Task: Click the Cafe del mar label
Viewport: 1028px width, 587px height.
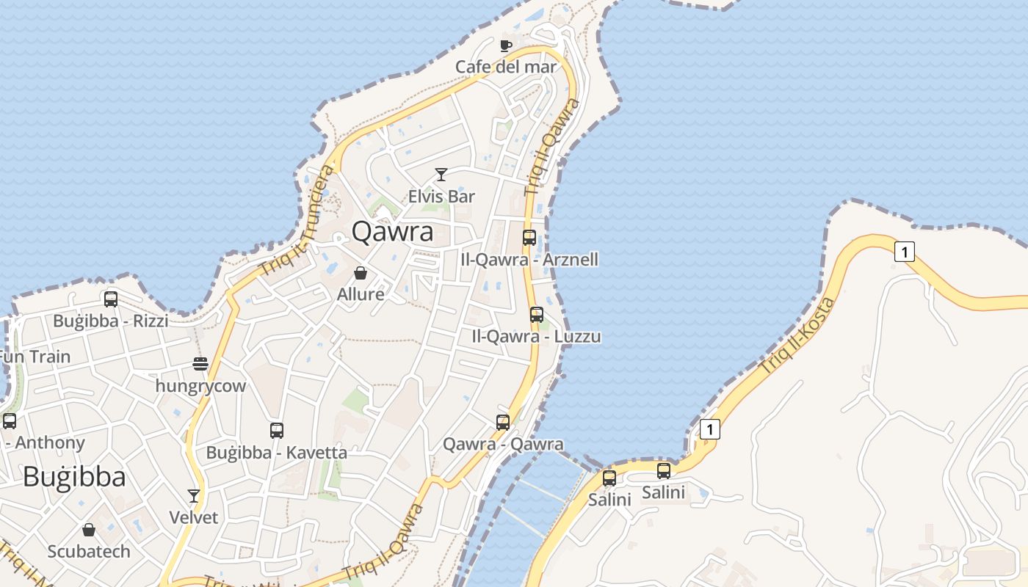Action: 505,67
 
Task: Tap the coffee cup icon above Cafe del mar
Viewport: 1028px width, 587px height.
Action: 505,45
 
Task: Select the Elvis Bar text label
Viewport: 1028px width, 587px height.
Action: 441,197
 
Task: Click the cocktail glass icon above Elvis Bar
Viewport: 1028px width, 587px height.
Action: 441,175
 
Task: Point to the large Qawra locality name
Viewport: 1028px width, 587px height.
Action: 392,232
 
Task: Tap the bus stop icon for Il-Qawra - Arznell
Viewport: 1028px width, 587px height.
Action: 529,238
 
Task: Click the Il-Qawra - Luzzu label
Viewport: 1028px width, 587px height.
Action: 536,337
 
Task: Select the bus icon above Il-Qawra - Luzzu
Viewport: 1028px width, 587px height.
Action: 537,315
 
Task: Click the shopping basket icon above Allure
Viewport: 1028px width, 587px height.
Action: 361,273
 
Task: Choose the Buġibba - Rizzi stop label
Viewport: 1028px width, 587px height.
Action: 110,321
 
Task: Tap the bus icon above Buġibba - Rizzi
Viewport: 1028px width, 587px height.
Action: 111,299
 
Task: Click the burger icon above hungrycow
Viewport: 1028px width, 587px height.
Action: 200,364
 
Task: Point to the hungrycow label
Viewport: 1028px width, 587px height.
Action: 200,386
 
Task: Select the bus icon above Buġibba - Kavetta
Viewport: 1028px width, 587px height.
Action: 277,431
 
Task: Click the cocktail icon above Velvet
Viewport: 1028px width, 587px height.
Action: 194,496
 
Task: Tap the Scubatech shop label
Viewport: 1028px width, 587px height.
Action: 89,551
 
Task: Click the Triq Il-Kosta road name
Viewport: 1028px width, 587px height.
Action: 797,335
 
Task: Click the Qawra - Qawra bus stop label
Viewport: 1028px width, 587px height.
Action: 503,444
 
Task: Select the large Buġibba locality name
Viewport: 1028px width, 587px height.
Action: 74,477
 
